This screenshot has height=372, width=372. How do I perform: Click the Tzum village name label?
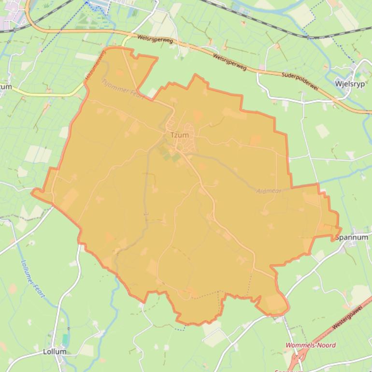point(180,135)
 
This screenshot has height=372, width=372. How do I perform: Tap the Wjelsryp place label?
point(347,83)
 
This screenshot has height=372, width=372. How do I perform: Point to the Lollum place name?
point(55,351)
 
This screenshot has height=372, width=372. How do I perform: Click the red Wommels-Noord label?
point(311,345)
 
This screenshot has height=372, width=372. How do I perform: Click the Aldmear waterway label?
point(269,191)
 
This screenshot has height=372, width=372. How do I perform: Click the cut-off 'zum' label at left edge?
point(5,87)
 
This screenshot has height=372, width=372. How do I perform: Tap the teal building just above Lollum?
point(65,339)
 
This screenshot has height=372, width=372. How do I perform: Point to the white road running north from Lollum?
point(60,300)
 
